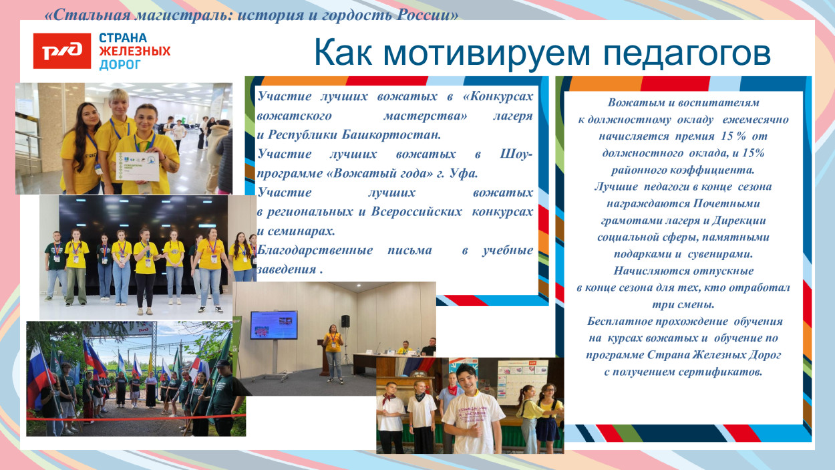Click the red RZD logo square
(61, 51)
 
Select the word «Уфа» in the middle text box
(465, 174)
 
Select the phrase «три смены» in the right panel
(683, 304)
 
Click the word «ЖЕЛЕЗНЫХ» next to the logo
(134, 51)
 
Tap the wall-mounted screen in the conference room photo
(274, 324)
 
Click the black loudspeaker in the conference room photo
(345, 321)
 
